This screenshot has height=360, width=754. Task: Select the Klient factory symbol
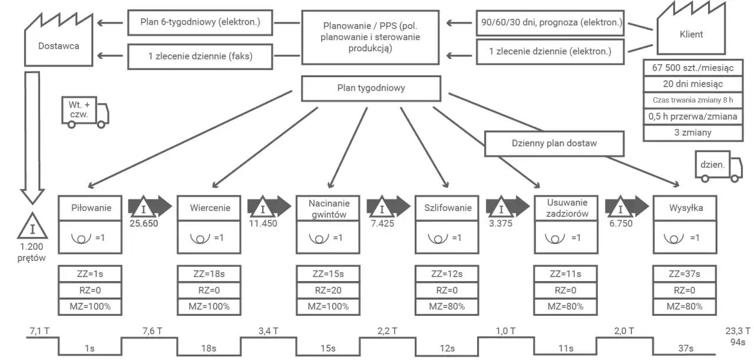click(691, 29)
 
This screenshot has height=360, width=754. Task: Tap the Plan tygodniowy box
click(371, 88)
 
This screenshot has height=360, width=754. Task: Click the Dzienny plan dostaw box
click(554, 143)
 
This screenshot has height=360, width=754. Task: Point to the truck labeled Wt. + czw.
click(85, 112)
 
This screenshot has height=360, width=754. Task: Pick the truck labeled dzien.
click(719, 166)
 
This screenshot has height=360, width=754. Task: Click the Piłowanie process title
click(91, 208)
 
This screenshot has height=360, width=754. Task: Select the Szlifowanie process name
click(448, 208)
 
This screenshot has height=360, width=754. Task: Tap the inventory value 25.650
click(144, 223)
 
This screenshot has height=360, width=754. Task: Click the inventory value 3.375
click(501, 223)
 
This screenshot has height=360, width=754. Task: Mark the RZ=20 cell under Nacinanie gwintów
click(328, 290)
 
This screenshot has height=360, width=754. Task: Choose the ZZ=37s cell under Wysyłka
click(684, 274)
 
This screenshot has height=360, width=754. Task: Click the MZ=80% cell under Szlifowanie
click(447, 307)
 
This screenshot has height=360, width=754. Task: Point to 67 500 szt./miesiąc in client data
click(693, 68)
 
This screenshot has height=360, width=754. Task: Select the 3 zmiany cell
click(693, 133)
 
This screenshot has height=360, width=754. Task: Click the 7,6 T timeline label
click(152, 331)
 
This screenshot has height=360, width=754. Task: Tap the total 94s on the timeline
click(738, 342)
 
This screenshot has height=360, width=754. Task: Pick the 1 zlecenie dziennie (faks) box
click(200, 57)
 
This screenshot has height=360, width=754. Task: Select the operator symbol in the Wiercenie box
click(200, 239)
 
